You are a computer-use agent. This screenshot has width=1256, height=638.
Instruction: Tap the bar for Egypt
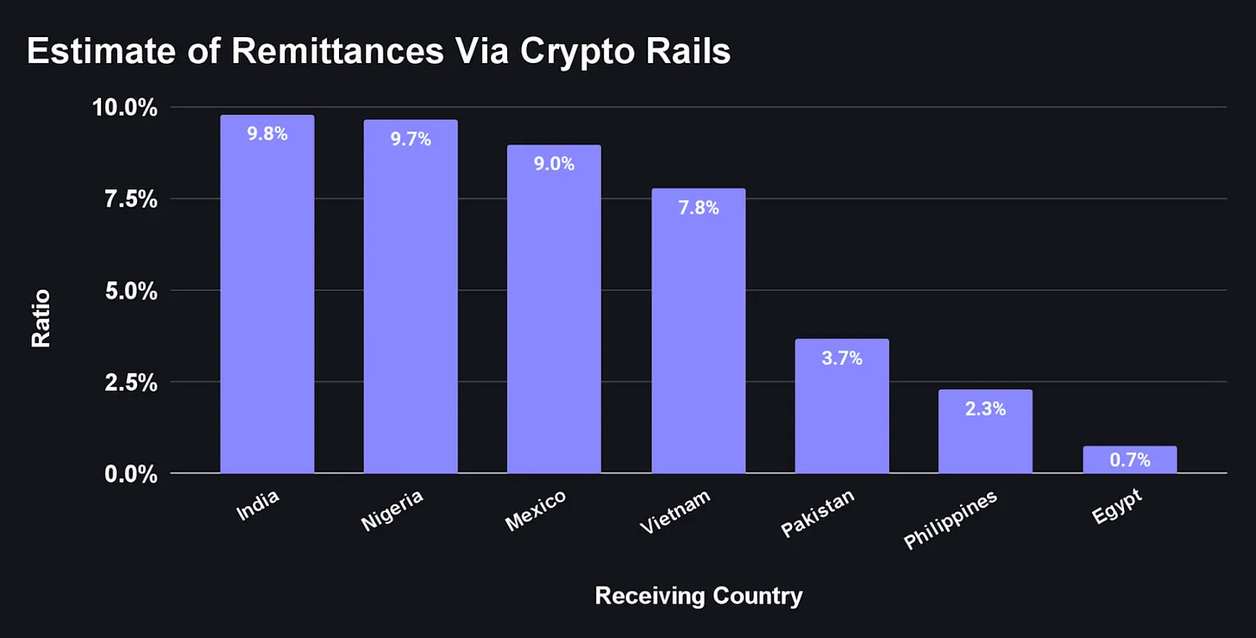1129,460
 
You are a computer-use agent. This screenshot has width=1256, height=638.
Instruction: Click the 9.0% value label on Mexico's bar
554,164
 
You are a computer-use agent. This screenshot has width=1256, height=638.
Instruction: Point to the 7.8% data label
698,208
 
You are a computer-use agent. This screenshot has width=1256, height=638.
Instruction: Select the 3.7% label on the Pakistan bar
841,358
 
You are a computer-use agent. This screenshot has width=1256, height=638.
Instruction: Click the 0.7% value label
1129,460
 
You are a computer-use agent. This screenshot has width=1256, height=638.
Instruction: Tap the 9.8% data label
267,134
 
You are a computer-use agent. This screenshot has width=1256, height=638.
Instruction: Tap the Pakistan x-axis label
818,512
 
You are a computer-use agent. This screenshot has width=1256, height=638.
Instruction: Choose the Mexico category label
535,510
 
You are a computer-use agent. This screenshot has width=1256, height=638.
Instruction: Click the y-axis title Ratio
41,318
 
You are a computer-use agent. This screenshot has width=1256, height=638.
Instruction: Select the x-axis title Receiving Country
699,596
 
